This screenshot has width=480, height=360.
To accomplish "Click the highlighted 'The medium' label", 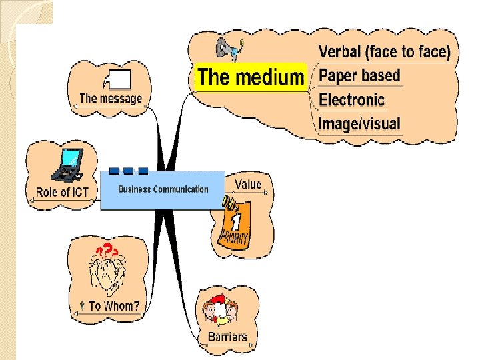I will click(x=251, y=77).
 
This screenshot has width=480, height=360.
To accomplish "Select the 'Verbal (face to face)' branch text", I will click(x=384, y=51).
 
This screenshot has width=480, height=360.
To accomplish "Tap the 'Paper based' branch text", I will click(x=359, y=75).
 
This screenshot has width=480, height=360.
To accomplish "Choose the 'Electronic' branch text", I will click(x=351, y=100).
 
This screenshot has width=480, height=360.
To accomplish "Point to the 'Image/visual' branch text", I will click(x=359, y=123).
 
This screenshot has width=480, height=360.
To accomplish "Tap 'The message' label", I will click(x=111, y=99).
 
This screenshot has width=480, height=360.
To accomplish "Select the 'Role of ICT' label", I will click(x=62, y=192).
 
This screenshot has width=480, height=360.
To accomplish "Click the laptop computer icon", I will click(x=69, y=164).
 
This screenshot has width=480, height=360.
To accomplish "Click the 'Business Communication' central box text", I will click(x=163, y=189).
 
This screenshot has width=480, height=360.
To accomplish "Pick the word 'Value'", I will click(x=248, y=184).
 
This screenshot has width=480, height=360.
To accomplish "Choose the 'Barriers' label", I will click(x=227, y=337).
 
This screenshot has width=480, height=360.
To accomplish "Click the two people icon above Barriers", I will click(x=221, y=311).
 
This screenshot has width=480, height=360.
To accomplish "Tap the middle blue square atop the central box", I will click(x=129, y=171).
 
